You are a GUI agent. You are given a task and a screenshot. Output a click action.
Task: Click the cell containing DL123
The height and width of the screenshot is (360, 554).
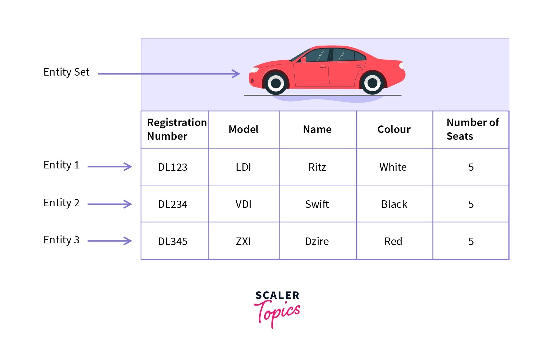coord(173,167)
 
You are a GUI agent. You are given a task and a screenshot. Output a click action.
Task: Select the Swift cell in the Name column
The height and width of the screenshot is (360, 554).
coord(317,204)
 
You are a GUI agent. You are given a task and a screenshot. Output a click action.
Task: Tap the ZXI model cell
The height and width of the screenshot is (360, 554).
coord(243,241)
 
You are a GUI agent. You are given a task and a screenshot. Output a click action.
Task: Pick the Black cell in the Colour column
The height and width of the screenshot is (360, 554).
coord(394,204)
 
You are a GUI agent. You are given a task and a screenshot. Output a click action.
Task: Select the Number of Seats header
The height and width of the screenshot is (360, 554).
coord(472,129)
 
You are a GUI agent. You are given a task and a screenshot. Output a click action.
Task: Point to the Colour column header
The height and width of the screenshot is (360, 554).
coord(394,129)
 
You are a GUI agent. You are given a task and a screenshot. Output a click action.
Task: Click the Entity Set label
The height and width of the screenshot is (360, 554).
coord(66,72)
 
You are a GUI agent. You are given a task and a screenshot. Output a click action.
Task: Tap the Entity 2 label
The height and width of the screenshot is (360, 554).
coord(62,203)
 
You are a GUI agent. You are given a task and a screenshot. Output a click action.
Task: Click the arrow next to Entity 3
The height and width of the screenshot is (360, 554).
coord(110,241)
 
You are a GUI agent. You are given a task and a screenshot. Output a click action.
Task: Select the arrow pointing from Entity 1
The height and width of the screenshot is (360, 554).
coord(110,167)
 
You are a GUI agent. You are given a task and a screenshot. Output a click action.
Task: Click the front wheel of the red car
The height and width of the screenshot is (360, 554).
coord(276,83)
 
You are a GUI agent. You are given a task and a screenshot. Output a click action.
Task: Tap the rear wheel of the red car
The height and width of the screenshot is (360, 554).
coord(372,83)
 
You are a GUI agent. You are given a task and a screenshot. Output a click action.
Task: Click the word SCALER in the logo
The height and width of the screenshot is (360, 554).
coord(277,295)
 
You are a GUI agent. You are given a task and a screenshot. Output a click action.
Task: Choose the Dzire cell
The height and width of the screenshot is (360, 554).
coord(317,241)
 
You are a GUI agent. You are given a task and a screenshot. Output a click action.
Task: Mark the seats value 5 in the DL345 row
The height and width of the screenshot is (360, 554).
coord(471,241)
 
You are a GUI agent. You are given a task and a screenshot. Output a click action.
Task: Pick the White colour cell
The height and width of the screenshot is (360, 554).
coord(393,167)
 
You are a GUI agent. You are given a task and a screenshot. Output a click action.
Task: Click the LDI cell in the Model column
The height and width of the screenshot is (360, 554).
coord(243,167)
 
